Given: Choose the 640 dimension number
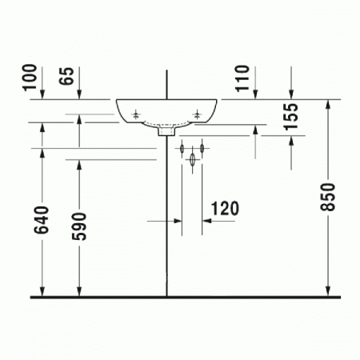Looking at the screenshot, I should pyautogui.click(x=42, y=222).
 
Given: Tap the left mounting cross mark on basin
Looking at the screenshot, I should pyautogui.click(x=138, y=114).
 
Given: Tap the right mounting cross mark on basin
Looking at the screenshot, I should pyautogui.click(x=197, y=114).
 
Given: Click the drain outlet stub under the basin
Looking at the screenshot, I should pyautogui.click(x=166, y=134).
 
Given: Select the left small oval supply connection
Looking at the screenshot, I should pyautogui.click(x=182, y=149).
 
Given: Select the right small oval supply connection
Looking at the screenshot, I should pyautogui.click(x=202, y=149).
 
